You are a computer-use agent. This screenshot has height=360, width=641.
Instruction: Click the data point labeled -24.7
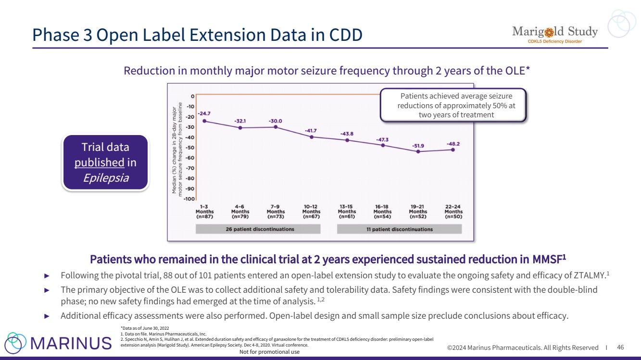click(205, 121)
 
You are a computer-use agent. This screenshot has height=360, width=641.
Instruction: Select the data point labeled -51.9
click(418, 151)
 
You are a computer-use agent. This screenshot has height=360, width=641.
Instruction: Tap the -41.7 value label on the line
click(311, 131)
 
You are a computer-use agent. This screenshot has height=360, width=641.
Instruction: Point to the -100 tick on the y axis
click(190, 199)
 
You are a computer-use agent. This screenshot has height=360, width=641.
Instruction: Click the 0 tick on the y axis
click(192, 96)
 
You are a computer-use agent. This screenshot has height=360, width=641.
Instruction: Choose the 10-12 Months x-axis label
click(311, 211)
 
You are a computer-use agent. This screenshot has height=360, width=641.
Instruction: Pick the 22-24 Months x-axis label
click(453, 211)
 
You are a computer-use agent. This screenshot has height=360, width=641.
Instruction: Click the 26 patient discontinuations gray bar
click(260, 229)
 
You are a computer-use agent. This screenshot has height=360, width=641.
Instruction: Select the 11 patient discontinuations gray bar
click(399, 229)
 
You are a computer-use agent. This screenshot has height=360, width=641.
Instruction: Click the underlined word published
click(100, 163)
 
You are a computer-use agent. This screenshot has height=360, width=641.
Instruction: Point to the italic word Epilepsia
click(106, 178)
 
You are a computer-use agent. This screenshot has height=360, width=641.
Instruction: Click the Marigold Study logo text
click(554, 32)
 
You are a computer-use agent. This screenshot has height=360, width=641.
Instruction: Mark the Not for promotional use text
click(269, 352)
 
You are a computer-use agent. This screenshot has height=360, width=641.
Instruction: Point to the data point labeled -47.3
click(383, 145)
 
